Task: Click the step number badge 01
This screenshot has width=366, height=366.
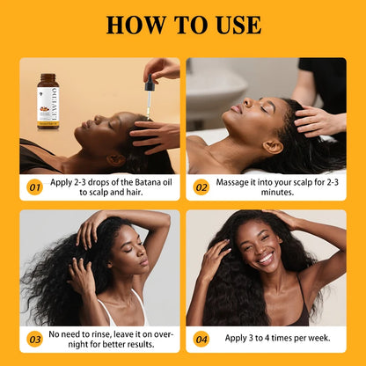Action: pos(34,187)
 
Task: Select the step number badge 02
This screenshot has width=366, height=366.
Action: pos(201,187)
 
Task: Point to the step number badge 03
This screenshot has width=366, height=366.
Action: pos(34,338)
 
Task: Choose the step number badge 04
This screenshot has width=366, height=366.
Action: pos(201,338)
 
